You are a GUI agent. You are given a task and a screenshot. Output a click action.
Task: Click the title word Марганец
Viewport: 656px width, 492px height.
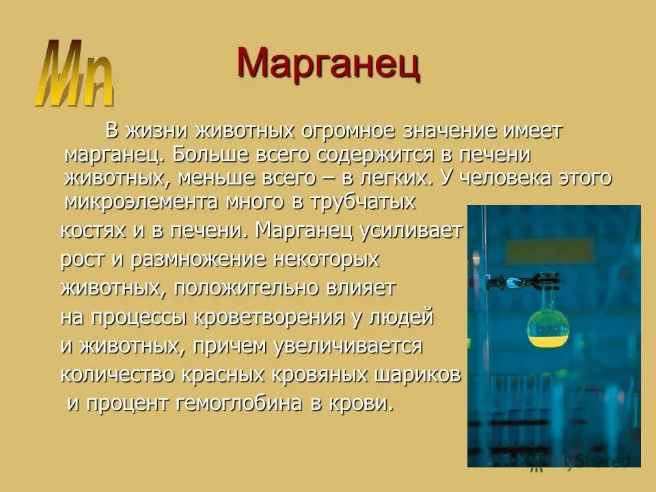(x=328, y=65)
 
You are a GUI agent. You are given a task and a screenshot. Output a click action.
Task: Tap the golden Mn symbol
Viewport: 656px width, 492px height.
(x=74, y=74)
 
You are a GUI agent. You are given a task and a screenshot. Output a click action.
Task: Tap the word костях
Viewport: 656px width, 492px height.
(x=93, y=230)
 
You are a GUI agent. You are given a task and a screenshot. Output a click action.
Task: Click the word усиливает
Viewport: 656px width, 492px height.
(x=410, y=230)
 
